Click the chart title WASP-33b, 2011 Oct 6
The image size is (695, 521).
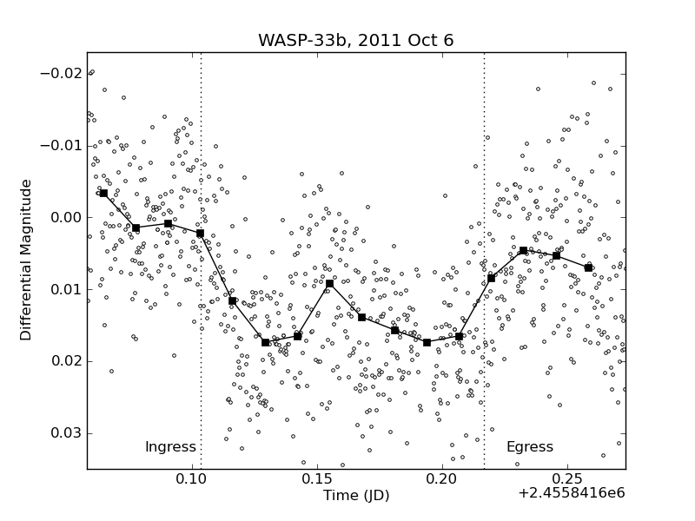tap(355, 41)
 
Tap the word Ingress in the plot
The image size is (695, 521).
tap(170, 447)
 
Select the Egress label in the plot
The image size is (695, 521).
tap(530, 447)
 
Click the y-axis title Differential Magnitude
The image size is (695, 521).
tap(27, 260)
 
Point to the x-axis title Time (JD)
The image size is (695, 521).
tap(356, 496)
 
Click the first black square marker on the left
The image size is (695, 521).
tap(103, 193)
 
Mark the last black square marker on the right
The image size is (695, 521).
tap(588, 267)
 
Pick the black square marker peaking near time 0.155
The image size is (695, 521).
tap(329, 283)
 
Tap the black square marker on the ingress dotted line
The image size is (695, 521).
tap(201, 233)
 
